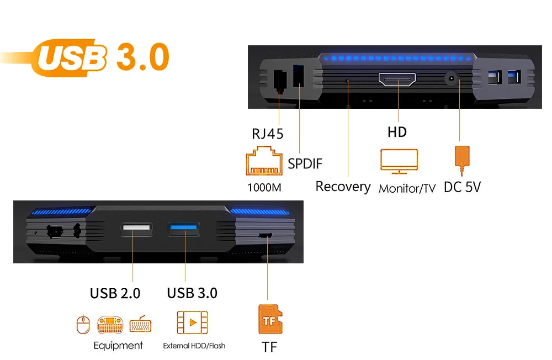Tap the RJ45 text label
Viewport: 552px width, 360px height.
point(268,134)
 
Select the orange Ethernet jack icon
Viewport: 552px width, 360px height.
point(264,161)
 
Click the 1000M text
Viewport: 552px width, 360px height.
point(264,187)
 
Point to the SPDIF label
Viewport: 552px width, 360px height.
point(305,164)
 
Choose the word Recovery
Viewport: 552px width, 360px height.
point(343,187)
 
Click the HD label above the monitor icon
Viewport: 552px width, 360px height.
point(397,132)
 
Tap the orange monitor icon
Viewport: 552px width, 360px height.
point(399,161)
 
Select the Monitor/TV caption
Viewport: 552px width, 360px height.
point(407,188)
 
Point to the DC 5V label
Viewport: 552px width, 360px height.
point(462,187)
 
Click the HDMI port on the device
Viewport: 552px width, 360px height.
point(397,80)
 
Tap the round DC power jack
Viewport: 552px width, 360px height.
point(452,78)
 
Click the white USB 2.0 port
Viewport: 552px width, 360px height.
point(136,229)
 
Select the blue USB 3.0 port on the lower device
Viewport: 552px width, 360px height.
point(184,229)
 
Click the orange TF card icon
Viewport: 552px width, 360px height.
point(270,319)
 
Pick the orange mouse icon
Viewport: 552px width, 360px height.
point(83,324)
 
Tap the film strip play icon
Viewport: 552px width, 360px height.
point(192,322)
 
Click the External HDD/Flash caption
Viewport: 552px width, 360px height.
point(194,346)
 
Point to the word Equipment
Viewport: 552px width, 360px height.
point(118,346)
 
